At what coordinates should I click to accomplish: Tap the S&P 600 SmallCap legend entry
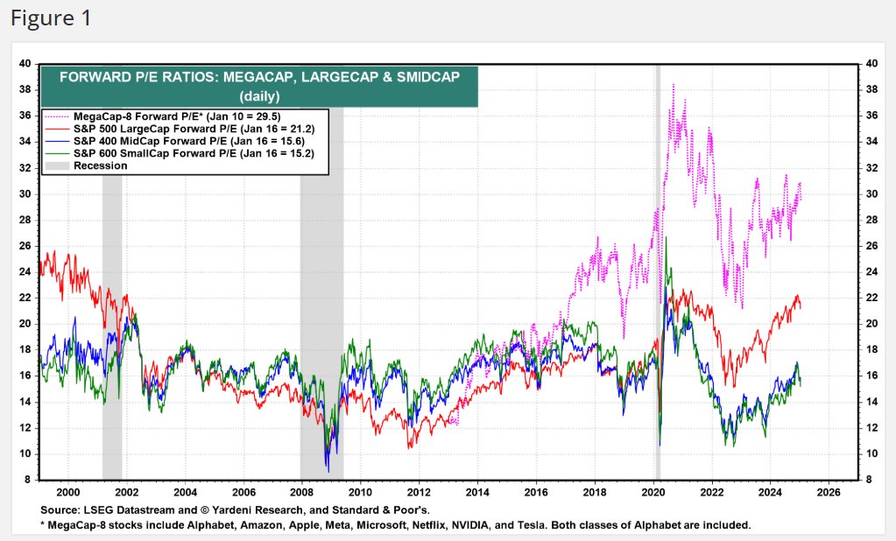point(194,152)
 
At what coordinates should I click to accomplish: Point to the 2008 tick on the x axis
point(301,492)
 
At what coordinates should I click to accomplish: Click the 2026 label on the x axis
point(828,492)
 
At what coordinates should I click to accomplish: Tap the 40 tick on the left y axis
point(25,64)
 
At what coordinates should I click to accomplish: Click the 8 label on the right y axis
point(868,480)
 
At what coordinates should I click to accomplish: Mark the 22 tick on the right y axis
point(870,298)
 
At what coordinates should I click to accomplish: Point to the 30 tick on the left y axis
point(25,193)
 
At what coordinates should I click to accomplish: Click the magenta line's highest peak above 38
point(673,85)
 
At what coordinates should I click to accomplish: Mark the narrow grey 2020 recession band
point(657,263)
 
